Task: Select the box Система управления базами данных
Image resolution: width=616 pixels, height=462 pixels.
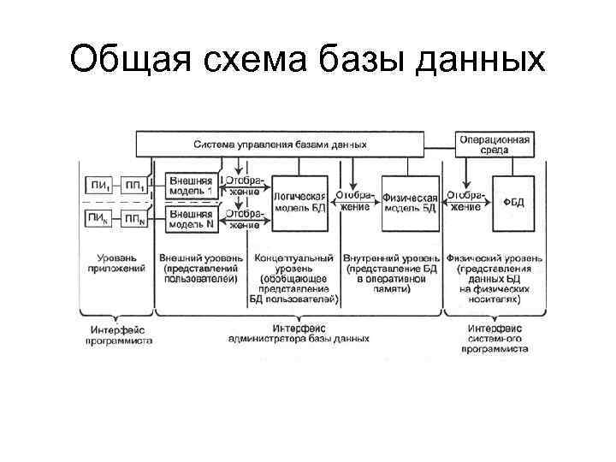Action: pyautogui.click(x=280, y=143)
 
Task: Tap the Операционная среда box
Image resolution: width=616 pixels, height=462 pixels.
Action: pyautogui.click(x=495, y=143)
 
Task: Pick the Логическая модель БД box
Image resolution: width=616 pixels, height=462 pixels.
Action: pyautogui.click(x=299, y=202)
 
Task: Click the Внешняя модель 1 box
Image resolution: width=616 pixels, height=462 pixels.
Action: pyautogui.click(x=191, y=186)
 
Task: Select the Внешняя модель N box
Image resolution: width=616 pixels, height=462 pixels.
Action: pyautogui.click(x=191, y=218)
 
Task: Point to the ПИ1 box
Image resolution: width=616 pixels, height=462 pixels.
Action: pyautogui.click(x=98, y=186)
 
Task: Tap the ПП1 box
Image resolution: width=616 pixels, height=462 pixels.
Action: pyautogui.click(x=133, y=186)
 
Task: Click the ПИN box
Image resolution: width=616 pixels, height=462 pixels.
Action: pyautogui.click(x=98, y=219)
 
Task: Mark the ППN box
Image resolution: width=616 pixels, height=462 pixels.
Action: pyautogui.click(x=133, y=219)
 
